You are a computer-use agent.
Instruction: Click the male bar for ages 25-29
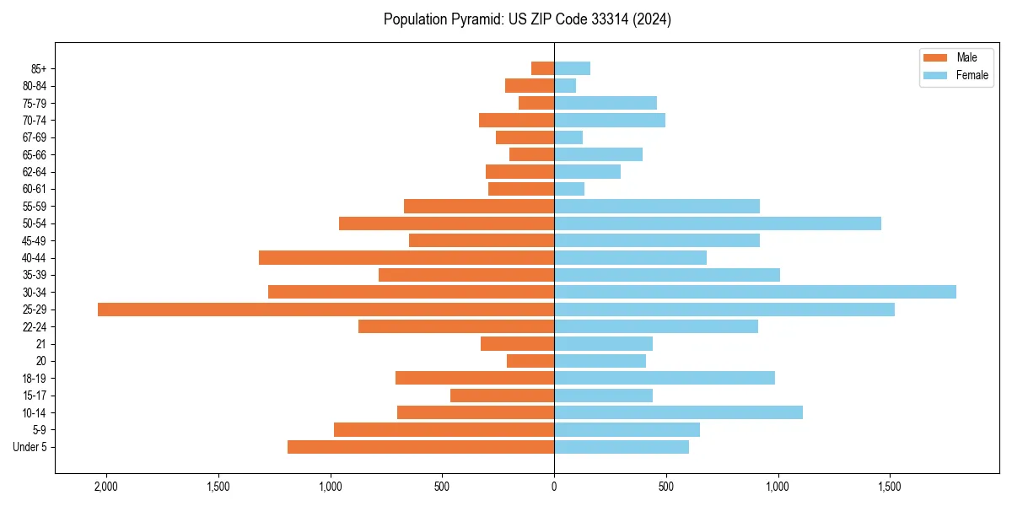click(326, 310)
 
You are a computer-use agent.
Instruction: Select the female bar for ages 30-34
click(755, 292)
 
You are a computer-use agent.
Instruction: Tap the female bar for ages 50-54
click(718, 223)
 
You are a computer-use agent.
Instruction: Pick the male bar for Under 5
click(421, 447)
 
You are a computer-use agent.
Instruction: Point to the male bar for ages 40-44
click(406, 258)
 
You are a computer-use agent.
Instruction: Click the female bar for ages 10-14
click(678, 412)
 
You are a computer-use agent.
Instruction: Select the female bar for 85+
click(572, 68)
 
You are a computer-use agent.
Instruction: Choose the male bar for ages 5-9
click(444, 430)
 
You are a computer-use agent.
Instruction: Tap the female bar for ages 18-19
click(665, 378)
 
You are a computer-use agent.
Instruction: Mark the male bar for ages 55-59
click(479, 207)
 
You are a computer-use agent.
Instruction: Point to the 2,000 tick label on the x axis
click(106, 487)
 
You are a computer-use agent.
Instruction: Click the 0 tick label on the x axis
click(554, 487)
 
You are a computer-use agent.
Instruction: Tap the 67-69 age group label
click(35, 137)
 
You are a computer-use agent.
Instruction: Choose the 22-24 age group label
click(35, 326)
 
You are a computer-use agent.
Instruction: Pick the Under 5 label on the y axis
click(30, 447)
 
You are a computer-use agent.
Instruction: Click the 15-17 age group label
click(35, 396)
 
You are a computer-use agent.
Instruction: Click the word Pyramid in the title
click(474, 19)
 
